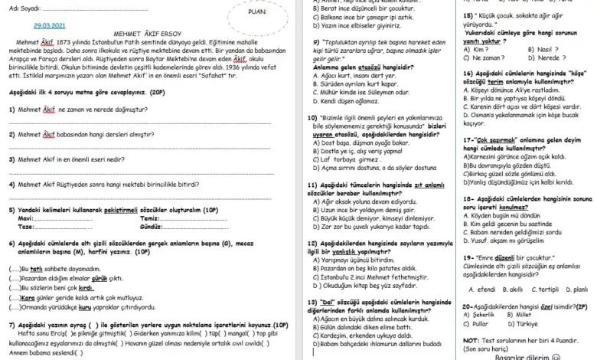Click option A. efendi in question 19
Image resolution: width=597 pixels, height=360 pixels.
tap(481, 289)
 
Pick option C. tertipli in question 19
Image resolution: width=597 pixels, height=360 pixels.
tap(547, 289)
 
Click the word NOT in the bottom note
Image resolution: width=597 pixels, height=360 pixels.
tap(471, 339)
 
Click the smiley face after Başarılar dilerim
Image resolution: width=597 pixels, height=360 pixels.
tap(566, 356)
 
